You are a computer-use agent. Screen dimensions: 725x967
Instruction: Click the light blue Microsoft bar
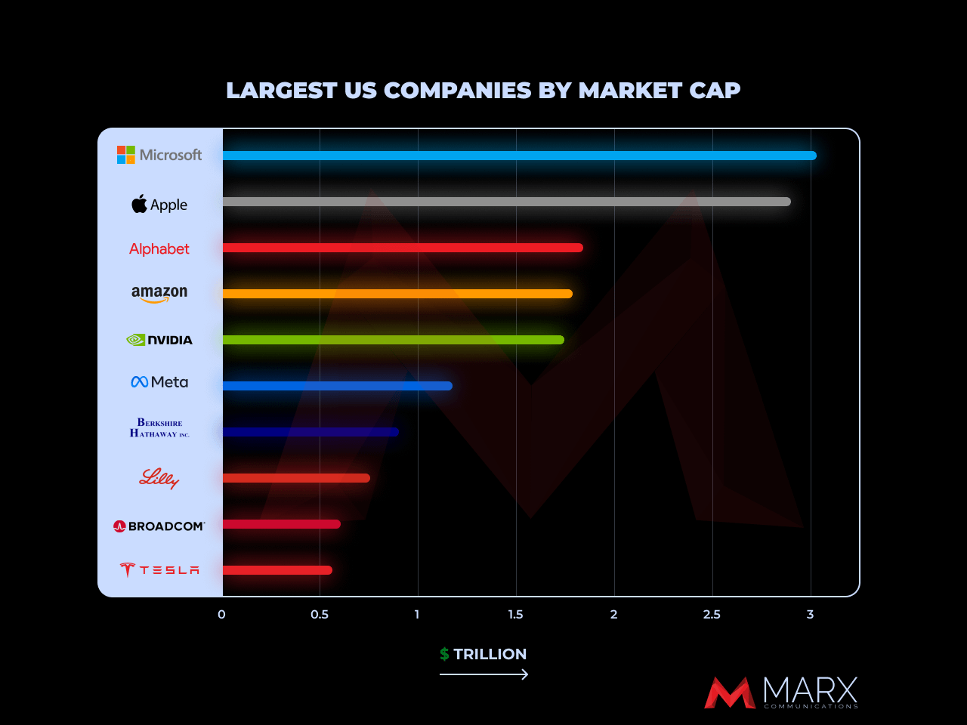(x=519, y=156)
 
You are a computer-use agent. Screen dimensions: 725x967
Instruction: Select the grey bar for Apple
(x=506, y=202)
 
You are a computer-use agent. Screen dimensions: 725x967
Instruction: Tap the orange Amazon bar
(x=397, y=294)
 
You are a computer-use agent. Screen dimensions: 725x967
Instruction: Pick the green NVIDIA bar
(x=393, y=340)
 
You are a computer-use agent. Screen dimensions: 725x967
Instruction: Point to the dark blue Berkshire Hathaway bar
(x=310, y=432)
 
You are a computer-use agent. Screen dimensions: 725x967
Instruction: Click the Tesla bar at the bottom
(x=277, y=570)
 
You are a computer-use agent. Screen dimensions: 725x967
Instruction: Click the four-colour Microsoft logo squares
(x=125, y=155)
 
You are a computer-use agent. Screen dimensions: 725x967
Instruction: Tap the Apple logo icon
(x=139, y=204)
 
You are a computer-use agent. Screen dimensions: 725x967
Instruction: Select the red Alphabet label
(x=159, y=249)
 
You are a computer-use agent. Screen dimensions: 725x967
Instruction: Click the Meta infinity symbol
(x=139, y=382)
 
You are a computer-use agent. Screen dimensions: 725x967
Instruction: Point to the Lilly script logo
(x=159, y=478)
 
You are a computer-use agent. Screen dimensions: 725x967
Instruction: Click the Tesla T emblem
(x=127, y=570)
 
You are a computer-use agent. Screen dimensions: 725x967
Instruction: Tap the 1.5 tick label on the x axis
(x=515, y=615)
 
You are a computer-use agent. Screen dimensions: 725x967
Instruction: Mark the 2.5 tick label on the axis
(x=712, y=615)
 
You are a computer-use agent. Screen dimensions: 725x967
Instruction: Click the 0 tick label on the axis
(x=221, y=615)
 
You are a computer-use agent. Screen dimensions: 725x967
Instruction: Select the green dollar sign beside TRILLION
(x=444, y=654)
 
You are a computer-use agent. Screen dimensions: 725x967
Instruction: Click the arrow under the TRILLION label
(x=483, y=674)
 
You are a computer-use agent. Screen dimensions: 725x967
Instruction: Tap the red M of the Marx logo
(x=729, y=693)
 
